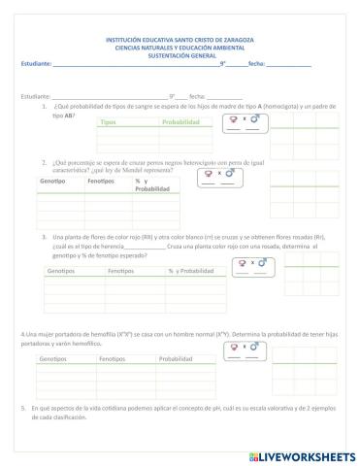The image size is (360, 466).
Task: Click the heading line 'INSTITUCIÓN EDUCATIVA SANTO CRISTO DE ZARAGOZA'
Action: point(180,40)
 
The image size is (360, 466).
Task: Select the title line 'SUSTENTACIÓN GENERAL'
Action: point(180,54)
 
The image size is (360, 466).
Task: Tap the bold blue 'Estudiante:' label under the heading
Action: point(36,63)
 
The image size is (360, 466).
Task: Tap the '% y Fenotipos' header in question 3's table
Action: point(182,271)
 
